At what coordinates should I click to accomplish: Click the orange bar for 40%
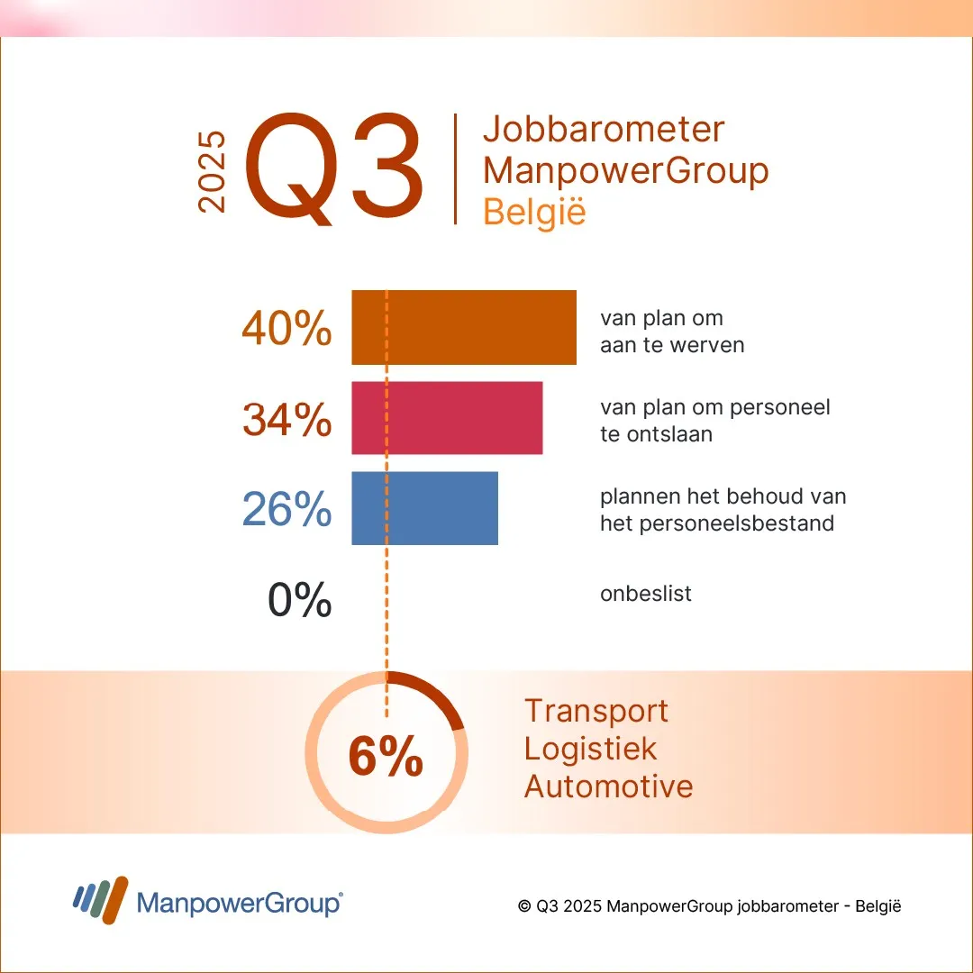click(x=463, y=327)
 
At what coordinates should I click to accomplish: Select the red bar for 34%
click(x=447, y=418)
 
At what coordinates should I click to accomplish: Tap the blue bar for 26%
click(x=424, y=508)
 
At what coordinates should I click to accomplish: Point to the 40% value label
click(x=286, y=330)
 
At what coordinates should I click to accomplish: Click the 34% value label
click(x=286, y=420)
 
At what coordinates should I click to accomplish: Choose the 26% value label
click(x=286, y=510)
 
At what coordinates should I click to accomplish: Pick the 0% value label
click(x=299, y=600)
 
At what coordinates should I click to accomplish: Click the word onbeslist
click(x=646, y=595)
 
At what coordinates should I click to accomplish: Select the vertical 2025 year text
click(x=213, y=172)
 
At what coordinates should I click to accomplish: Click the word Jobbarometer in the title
click(x=604, y=130)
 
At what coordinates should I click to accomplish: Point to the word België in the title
click(x=534, y=213)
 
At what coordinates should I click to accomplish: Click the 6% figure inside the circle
click(x=386, y=758)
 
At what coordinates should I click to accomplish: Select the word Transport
click(x=596, y=711)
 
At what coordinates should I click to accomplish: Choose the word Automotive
click(x=609, y=787)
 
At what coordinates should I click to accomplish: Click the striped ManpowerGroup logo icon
click(x=100, y=898)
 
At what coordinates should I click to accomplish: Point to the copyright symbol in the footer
click(x=523, y=906)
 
